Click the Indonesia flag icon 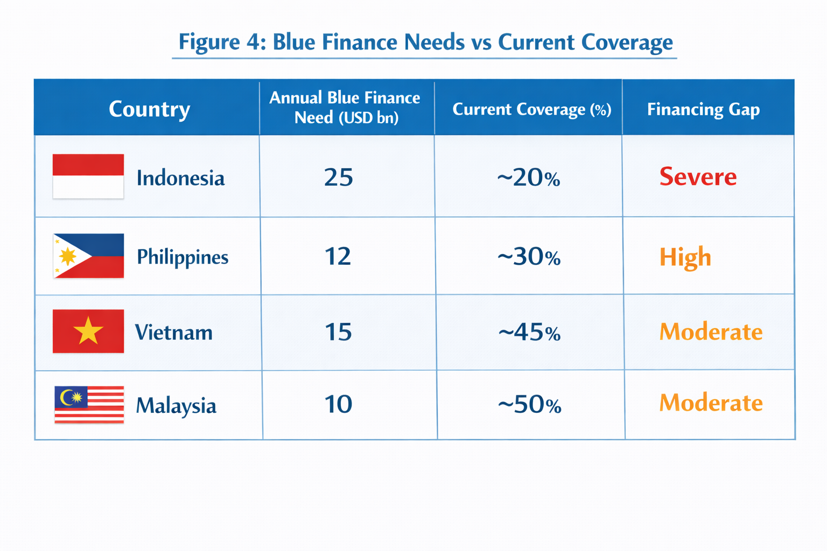(x=88, y=176)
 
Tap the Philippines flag (x=88, y=256)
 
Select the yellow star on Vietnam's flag (x=88, y=331)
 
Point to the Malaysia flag (x=89, y=405)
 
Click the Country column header (x=149, y=109)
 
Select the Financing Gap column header (x=703, y=109)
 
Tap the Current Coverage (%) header (x=531, y=109)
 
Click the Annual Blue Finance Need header (x=345, y=108)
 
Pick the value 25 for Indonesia (x=339, y=177)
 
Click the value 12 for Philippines (x=338, y=256)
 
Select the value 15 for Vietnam (x=338, y=332)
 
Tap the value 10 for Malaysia (x=338, y=404)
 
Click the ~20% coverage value (x=528, y=178)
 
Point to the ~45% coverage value (x=529, y=333)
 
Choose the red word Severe (x=698, y=176)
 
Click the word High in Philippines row (x=685, y=257)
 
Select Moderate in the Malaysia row (x=711, y=403)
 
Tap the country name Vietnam (x=173, y=333)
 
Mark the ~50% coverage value (x=529, y=405)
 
